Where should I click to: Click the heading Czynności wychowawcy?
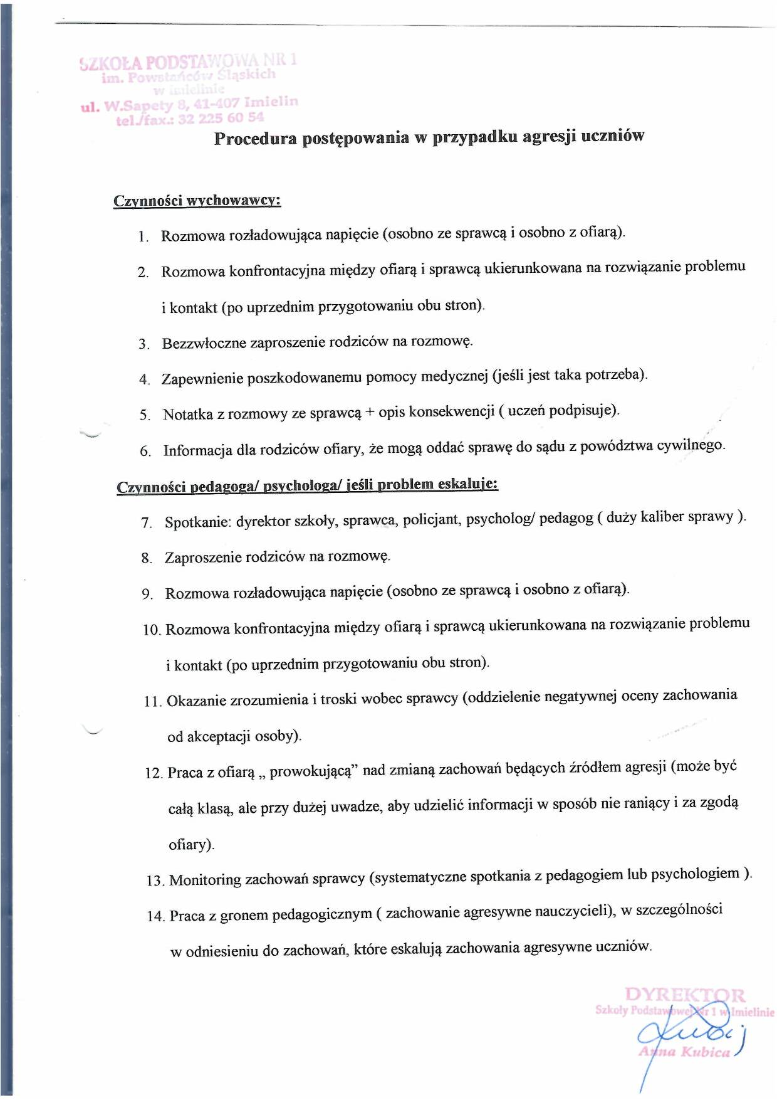coord(197,201)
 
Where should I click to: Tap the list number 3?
coord(144,344)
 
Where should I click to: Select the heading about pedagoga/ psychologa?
coord(307,485)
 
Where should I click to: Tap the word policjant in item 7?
coord(430,520)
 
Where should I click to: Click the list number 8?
coord(147,558)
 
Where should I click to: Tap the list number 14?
coord(155,916)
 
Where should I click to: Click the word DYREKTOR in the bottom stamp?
coord(685,995)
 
